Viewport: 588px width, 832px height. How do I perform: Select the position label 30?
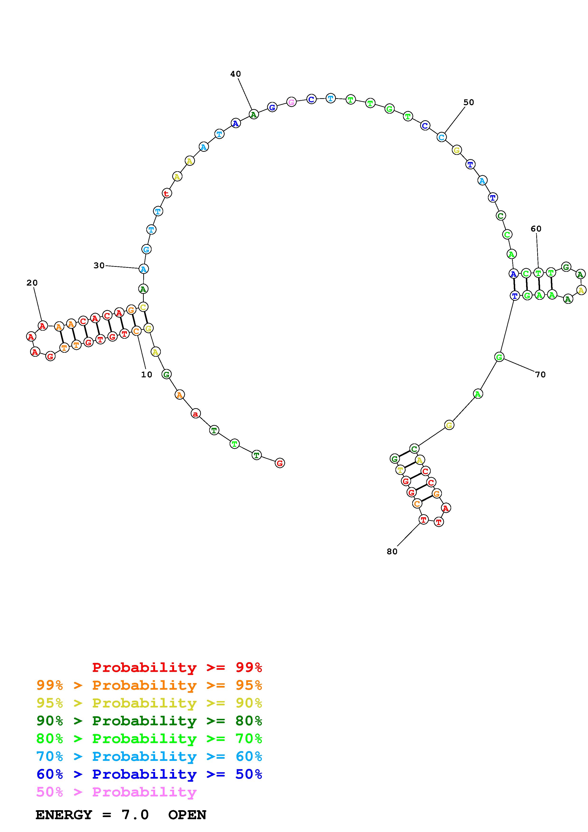(99, 266)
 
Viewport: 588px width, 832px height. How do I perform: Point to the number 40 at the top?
(236, 74)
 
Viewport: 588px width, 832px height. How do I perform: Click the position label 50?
(468, 102)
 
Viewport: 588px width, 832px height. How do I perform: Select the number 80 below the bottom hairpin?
(392, 551)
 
